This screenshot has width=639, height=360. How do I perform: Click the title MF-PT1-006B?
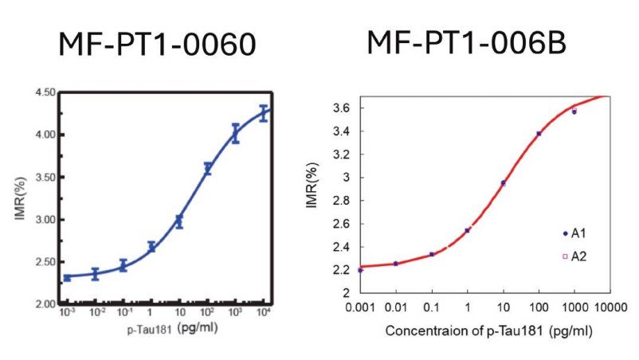click(466, 41)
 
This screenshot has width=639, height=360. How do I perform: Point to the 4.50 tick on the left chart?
click(44, 93)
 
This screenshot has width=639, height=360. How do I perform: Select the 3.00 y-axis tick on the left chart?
click(44, 220)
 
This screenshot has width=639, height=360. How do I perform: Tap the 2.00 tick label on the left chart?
click(44, 304)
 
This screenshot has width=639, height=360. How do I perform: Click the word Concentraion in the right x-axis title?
click(423, 330)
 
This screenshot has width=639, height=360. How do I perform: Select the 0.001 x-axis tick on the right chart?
click(360, 307)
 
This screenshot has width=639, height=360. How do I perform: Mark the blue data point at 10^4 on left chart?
click(264, 113)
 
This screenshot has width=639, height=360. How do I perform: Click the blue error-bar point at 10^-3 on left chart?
click(67, 277)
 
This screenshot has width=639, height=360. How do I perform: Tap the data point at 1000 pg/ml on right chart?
click(574, 112)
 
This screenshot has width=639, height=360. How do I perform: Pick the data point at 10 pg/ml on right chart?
click(503, 183)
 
